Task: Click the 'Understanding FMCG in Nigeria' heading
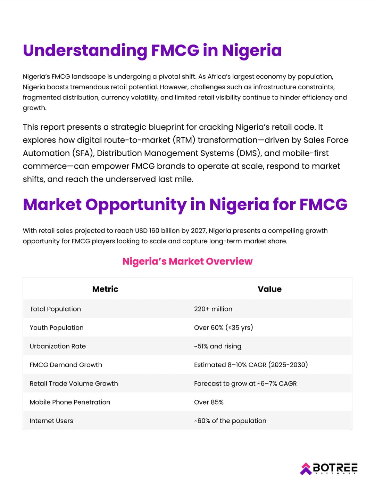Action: (152, 50)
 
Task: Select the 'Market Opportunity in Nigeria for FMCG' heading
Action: (185, 204)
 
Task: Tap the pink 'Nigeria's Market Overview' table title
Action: (187, 261)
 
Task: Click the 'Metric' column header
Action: (105, 289)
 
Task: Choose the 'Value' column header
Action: (269, 289)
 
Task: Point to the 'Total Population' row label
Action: (55, 309)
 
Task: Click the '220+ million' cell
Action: (213, 309)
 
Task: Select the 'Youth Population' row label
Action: (57, 327)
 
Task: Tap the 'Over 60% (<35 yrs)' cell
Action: (223, 327)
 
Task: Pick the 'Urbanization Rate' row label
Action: (58, 346)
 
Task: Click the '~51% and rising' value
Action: (218, 346)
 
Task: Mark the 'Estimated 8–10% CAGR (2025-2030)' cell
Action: (251, 365)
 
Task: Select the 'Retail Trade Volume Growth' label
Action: (74, 383)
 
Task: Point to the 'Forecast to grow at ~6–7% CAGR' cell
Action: (245, 383)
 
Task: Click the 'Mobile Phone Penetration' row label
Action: (70, 402)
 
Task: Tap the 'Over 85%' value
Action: (209, 402)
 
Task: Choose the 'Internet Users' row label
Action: (51, 421)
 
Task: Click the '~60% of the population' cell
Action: (230, 421)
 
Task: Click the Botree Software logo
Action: (328, 468)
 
